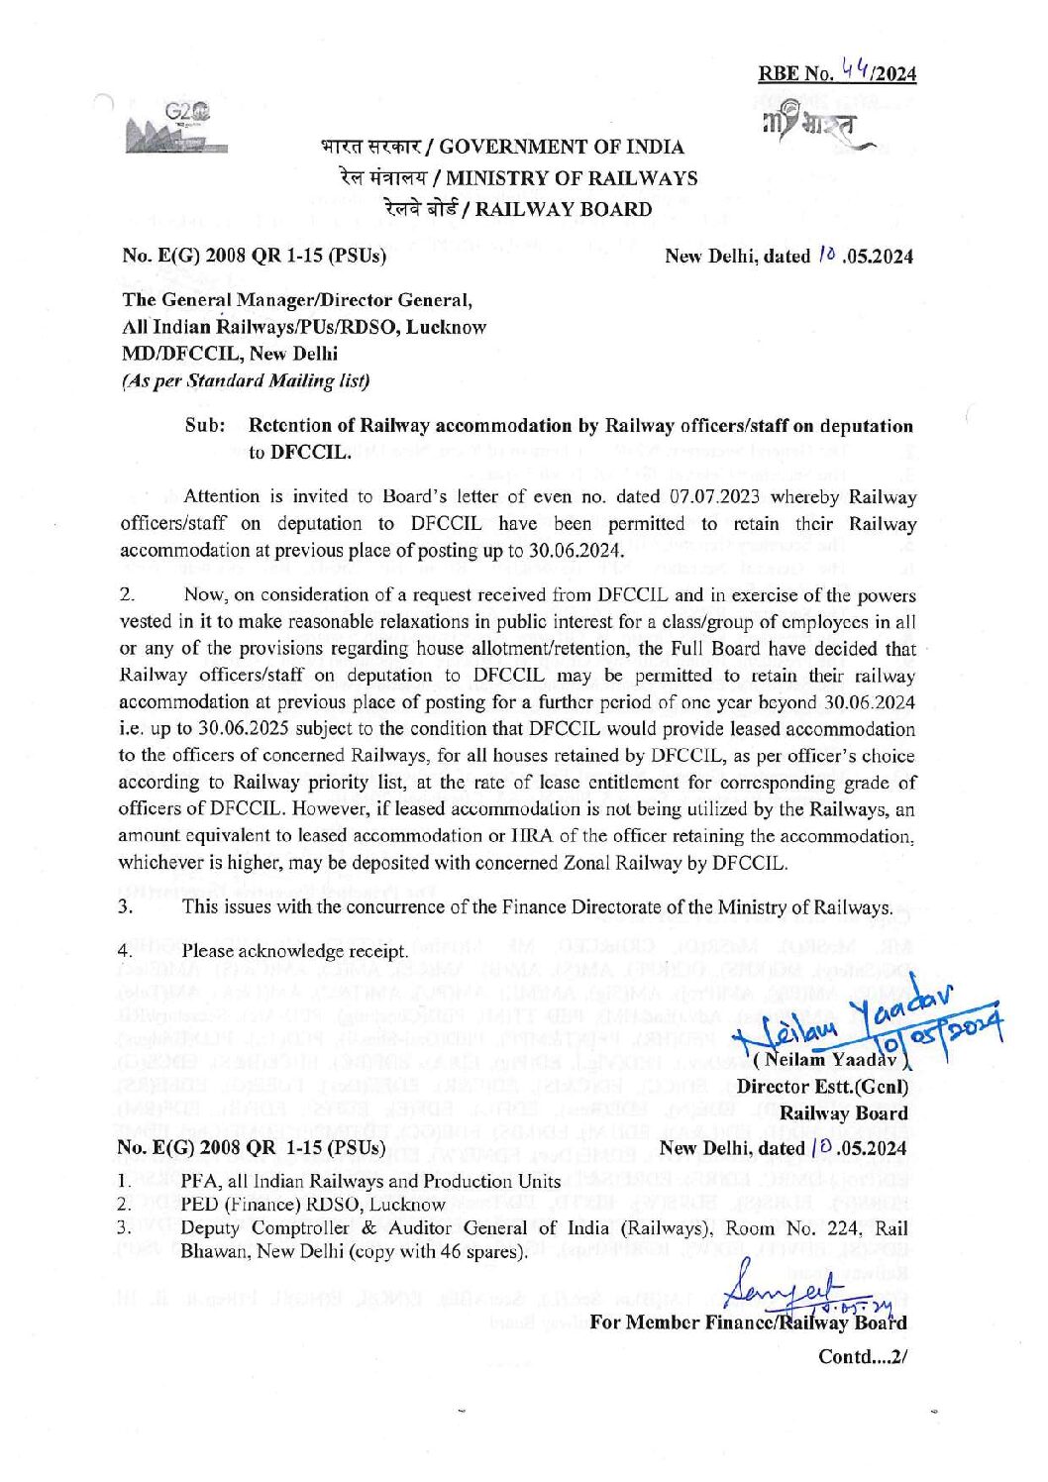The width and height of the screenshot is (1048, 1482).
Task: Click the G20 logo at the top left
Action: point(177,130)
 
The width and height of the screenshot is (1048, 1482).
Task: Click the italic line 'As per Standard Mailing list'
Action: point(246,380)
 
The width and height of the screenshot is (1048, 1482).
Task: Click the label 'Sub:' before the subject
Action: point(206,426)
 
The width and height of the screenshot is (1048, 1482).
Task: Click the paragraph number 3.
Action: point(126,907)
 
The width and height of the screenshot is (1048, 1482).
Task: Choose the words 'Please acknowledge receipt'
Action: point(294,951)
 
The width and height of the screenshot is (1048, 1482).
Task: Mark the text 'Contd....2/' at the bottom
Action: point(863,1356)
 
